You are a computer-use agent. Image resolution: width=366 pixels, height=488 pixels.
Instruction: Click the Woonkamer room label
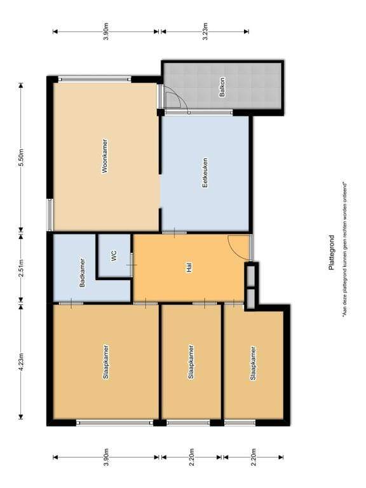click(x=105, y=156)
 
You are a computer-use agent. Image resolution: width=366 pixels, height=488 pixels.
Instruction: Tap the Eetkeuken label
click(x=205, y=173)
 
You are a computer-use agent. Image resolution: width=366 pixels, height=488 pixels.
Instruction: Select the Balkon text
click(x=222, y=88)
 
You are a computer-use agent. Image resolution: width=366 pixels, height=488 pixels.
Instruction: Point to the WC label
click(x=114, y=255)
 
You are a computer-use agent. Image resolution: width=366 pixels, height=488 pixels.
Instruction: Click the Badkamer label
click(x=82, y=273)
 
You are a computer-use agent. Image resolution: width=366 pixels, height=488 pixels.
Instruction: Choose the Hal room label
click(x=189, y=268)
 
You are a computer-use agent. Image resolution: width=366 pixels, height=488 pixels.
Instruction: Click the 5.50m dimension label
click(x=21, y=158)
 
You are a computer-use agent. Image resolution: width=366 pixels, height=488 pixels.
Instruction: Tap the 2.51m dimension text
click(x=21, y=268)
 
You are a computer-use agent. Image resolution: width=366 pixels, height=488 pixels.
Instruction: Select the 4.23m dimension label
click(x=21, y=363)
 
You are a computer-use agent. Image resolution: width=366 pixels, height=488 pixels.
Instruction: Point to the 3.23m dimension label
click(x=205, y=31)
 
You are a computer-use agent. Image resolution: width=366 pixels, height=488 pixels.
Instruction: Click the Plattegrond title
click(x=331, y=252)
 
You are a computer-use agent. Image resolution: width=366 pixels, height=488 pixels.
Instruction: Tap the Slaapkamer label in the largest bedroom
click(x=106, y=362)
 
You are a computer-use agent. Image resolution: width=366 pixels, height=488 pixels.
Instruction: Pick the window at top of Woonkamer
click(x=95, y=79)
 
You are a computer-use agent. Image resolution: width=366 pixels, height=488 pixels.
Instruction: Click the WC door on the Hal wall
click(x=132, y=265)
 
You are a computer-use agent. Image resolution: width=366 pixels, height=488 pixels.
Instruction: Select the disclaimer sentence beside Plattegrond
click(x=345, y=250)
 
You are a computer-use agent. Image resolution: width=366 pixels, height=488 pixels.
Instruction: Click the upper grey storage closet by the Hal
click(x=250, y=274)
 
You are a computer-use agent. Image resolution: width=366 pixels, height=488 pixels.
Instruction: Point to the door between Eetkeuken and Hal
click(x=175, y=233)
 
